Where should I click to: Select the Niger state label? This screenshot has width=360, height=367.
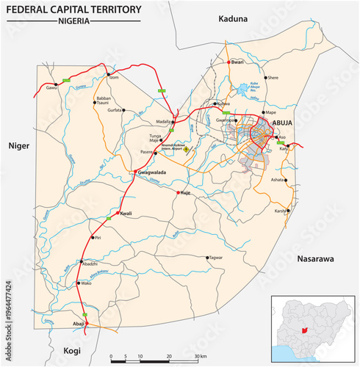18,146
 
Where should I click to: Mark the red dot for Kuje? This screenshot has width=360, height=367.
177,192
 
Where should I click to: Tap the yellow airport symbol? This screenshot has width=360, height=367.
186,150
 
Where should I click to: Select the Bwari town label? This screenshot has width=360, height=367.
237,62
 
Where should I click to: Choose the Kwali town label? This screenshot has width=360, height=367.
126,214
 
